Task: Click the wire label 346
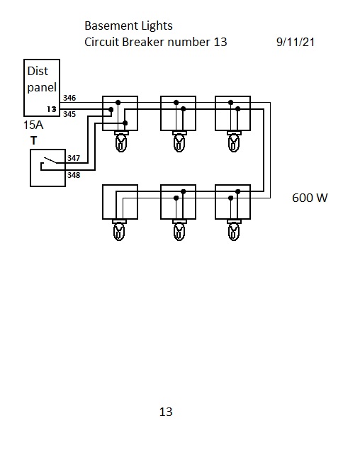69,98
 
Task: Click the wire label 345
69,114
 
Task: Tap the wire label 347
74,158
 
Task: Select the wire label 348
74,175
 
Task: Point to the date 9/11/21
296,43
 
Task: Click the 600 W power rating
310,198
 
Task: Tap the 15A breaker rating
33,125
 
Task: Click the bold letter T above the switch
33,140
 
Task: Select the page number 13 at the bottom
166,412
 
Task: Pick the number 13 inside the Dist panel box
52,109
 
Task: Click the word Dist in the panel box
38,71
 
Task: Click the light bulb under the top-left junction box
121,142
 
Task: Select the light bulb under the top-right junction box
234,142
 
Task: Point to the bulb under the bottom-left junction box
119,230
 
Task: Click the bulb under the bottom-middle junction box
179,230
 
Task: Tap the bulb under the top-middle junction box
179,142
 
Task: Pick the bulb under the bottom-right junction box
234,230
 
